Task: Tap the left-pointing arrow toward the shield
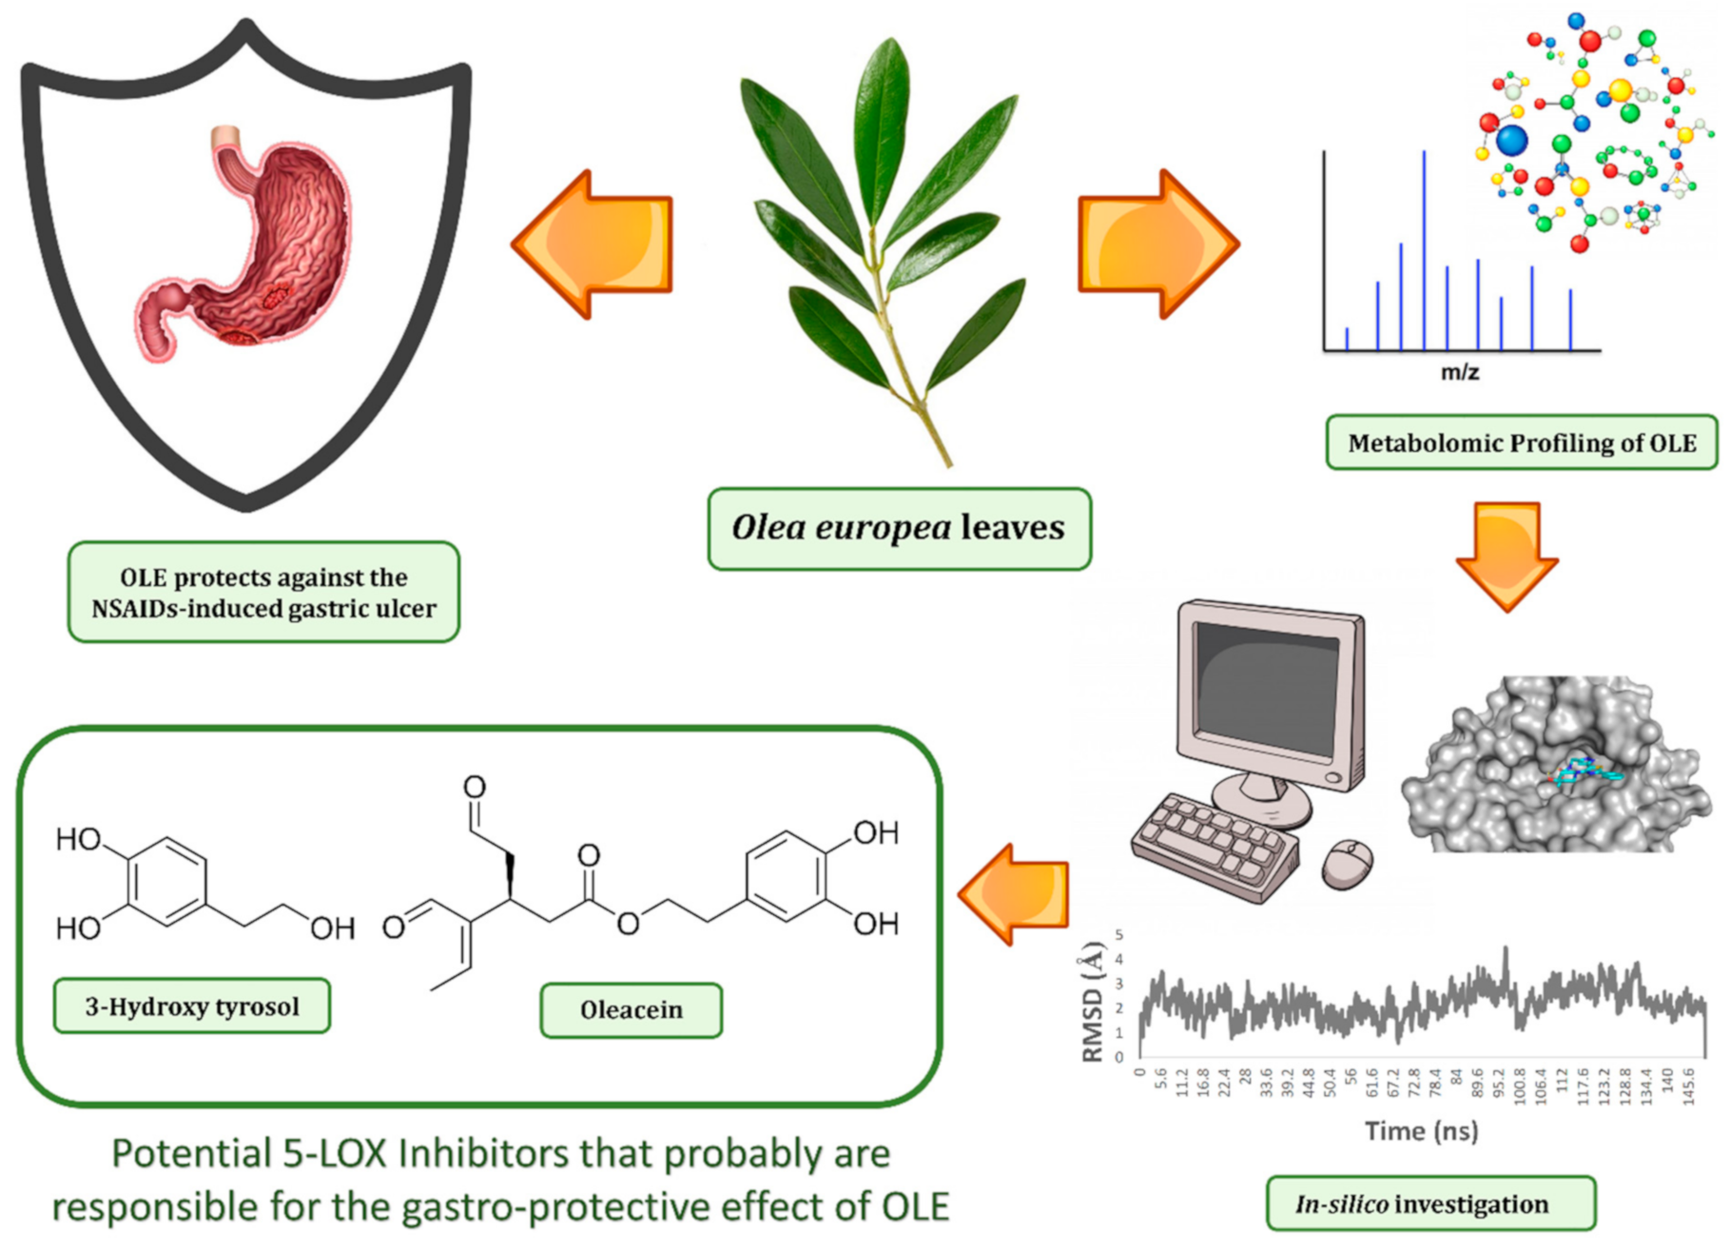point(599,244)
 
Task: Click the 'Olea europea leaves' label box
point(899,529)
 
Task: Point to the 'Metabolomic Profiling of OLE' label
point(1521,443)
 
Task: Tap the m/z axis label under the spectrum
point(1460,372)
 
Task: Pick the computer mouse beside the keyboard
point(1348,864)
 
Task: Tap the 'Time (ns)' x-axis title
point(1421,1131)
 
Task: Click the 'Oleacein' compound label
point(631,1010)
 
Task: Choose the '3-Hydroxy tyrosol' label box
point(192,1006)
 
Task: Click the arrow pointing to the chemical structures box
point(1016,894)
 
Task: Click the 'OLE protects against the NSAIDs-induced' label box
point(263,593)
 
